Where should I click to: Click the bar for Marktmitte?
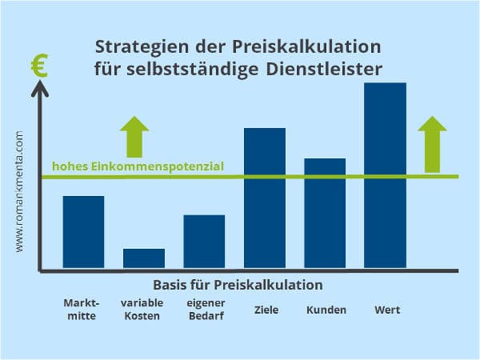coord(83,232)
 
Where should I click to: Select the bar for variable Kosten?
coord(144,258)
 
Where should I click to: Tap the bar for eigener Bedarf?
coord(204,242)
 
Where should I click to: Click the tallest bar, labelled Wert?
coord(385,175)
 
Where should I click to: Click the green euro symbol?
coord(38,66)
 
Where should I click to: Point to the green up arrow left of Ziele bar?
coord(134,136)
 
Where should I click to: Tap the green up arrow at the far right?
coord(433,144)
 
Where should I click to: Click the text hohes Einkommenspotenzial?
coord(138,166)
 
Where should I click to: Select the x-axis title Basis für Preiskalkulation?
coord(238,285)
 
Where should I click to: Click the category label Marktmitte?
coord(81,310)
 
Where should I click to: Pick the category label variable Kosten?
coord(142,310)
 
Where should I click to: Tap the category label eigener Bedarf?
coord(206,310)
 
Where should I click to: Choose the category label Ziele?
coord(265,310)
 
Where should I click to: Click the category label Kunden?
coord(326,310)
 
